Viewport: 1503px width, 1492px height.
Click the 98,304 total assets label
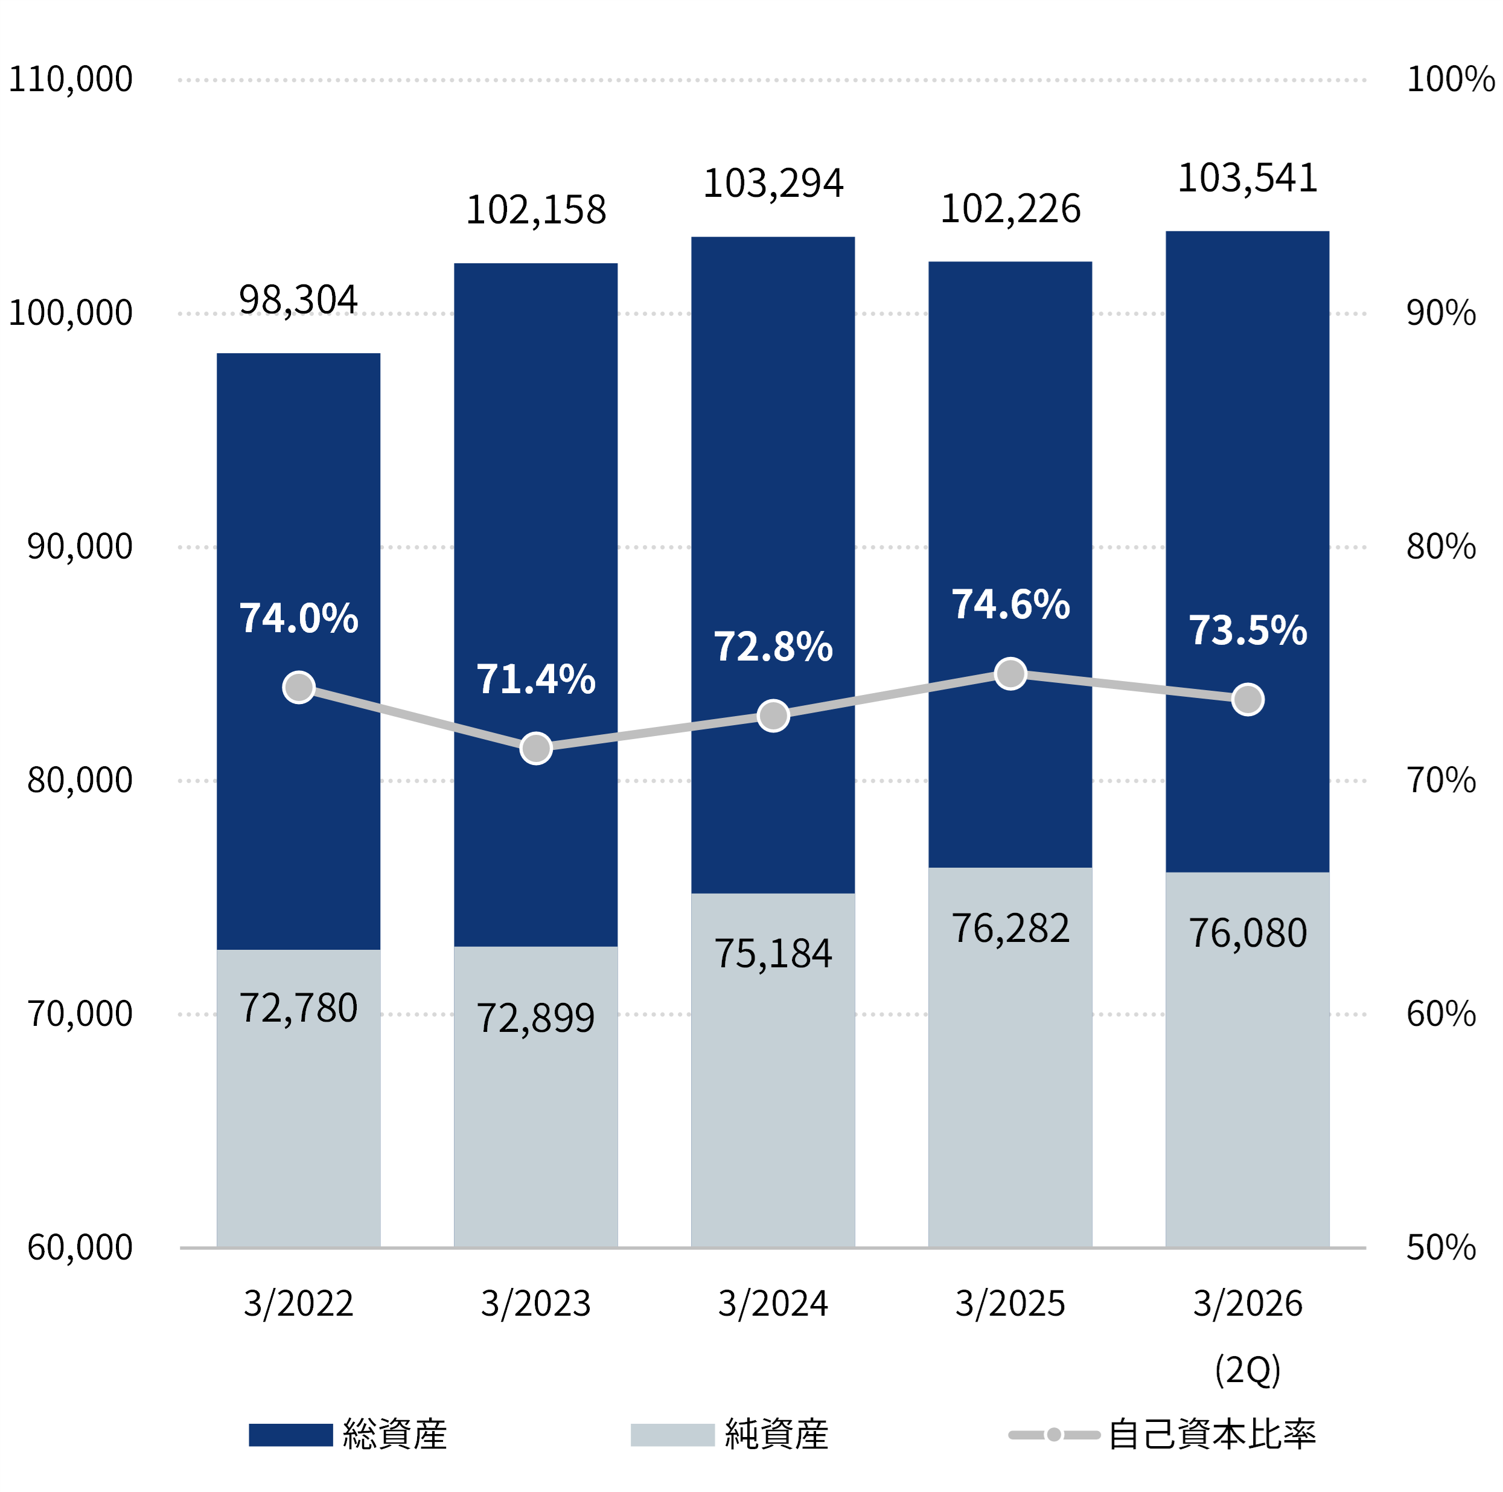point(298,299)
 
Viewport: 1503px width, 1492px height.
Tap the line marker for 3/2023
point(536,748)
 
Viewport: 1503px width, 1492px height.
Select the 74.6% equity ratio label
point(1010,605)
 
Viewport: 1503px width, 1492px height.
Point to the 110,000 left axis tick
point(70,79)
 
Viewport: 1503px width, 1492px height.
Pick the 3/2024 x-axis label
point(773,1304)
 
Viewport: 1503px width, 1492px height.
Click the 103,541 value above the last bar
point(1247,178)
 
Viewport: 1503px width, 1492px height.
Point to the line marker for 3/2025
point(1010,674)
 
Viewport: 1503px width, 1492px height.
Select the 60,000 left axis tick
point(79,1247)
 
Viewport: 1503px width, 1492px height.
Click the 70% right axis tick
point(1441,780)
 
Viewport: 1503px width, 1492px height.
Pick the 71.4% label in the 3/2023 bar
point(536,679)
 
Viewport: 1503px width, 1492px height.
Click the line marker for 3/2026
point(1248,700)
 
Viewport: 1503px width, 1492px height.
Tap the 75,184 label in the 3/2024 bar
point(773,954)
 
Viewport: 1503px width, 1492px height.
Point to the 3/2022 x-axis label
point(298,1304)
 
